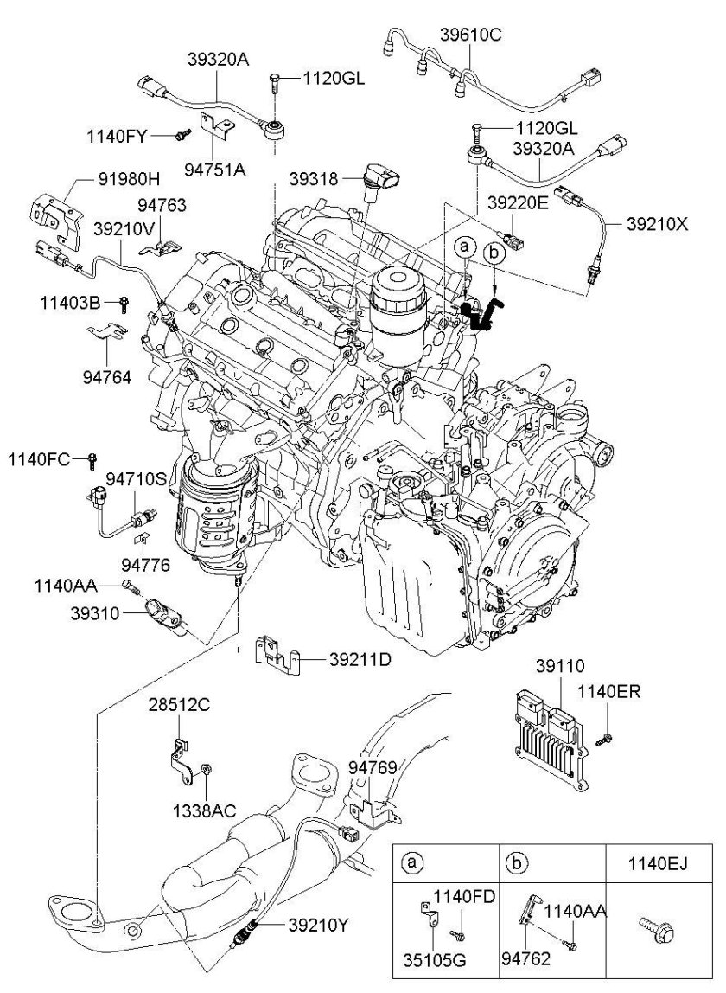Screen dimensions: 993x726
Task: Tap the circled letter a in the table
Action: pos(414,862)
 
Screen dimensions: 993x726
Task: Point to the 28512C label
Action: pos(177,705)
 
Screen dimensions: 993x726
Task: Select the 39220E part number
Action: pos(518,203)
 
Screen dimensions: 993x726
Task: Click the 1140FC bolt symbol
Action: pos(92,458)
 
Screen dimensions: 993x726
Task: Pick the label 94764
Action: pos(109,378)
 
